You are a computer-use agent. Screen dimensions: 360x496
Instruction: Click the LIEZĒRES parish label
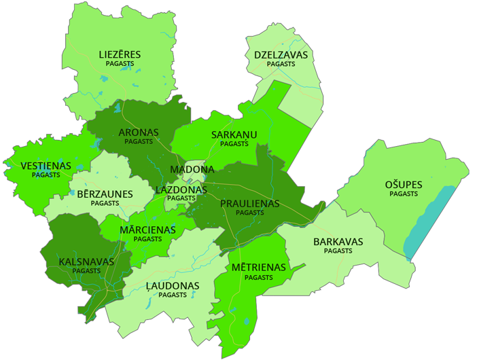(x=120, y=54)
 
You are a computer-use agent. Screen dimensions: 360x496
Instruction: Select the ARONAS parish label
(x=139, y=132)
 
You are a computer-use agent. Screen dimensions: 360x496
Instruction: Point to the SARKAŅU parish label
(x=234, y=134)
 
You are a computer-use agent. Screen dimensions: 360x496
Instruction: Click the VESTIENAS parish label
(x=46, y=166)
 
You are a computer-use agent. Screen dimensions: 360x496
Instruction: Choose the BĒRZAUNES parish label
(x=105, y=194)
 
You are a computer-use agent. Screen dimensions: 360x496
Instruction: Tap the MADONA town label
(x=192, y=169)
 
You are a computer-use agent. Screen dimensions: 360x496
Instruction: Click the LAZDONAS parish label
(x=181, y=190)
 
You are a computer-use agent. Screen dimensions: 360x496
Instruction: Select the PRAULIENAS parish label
(x=249, y=203)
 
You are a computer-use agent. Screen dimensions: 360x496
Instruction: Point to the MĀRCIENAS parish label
(x=147, y=230)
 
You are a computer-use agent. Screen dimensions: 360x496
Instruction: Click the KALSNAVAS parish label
(x=86, y=262)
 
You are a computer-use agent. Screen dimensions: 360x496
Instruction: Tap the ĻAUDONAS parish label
(x=173, y=286)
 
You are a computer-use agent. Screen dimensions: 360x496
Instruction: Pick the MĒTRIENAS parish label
(x=258, y=268)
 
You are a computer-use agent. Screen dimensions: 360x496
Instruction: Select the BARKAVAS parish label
(x=338, y=242)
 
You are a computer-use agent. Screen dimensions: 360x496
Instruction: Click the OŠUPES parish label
(x=404, y=185)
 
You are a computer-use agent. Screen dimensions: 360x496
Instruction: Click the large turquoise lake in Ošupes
(x=428, y=221)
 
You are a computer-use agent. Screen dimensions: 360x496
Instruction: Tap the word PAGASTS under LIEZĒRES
(x=120, y=64)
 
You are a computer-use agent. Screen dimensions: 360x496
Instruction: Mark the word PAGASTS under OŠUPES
(x=404, y=194)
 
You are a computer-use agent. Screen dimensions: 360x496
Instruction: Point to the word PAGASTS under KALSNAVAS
(x=86, y=271)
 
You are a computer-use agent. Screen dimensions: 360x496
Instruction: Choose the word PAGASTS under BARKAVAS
(x=338, y=251)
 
